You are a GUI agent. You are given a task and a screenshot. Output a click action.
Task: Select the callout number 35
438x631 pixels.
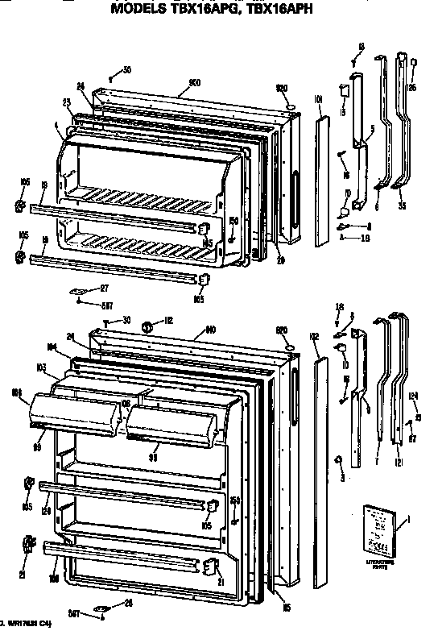tap(402, 205)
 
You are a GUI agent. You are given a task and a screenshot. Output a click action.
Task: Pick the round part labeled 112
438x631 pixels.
tap(147, 326)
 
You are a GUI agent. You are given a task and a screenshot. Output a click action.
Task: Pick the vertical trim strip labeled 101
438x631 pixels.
tap(322, 181)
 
